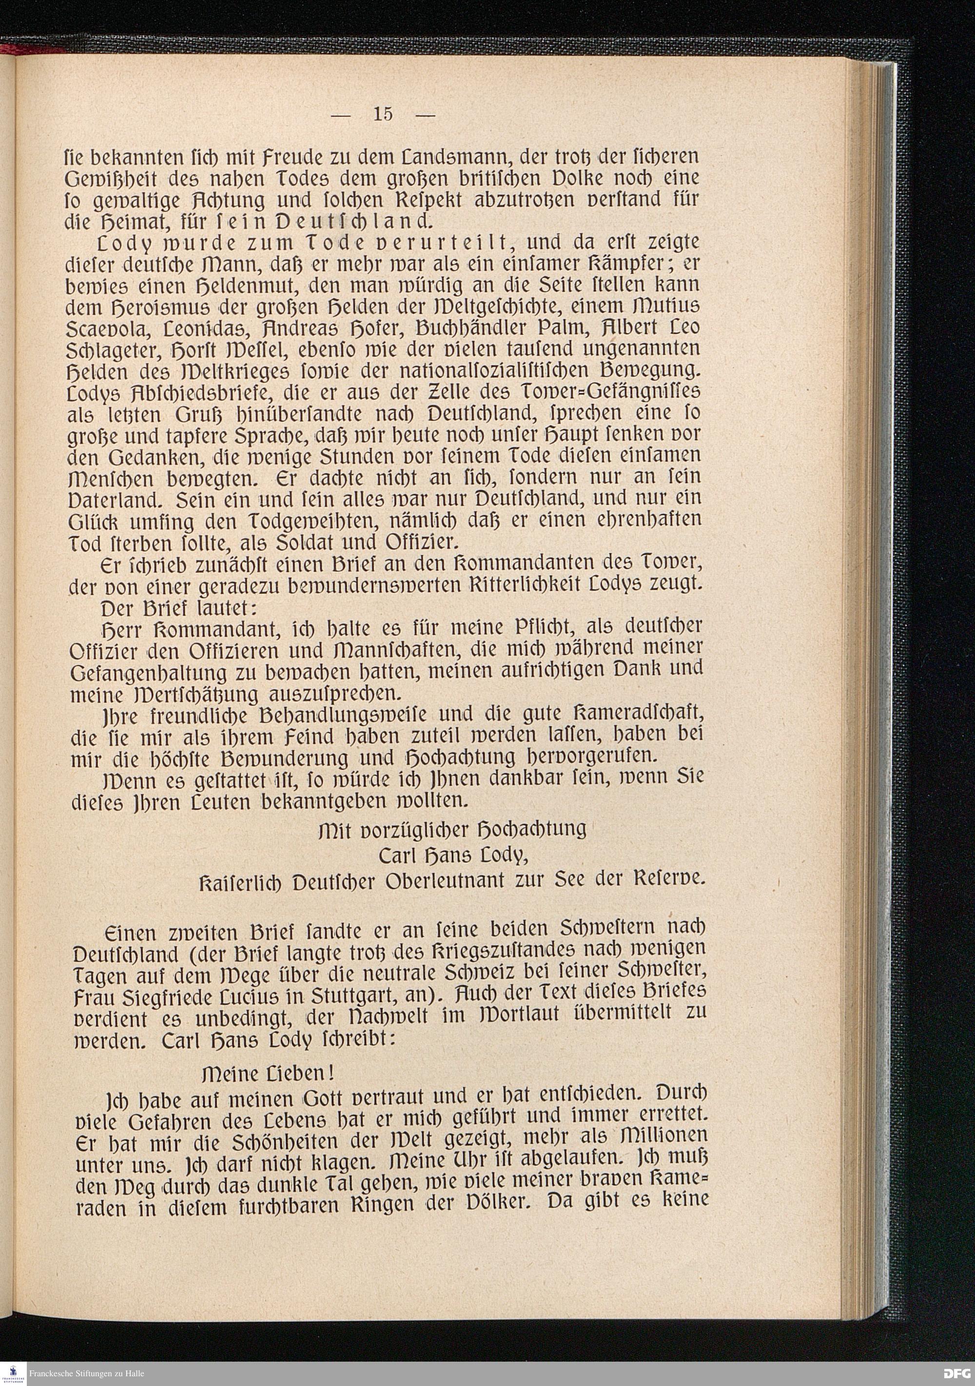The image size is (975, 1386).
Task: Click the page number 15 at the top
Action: coord(383,114)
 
